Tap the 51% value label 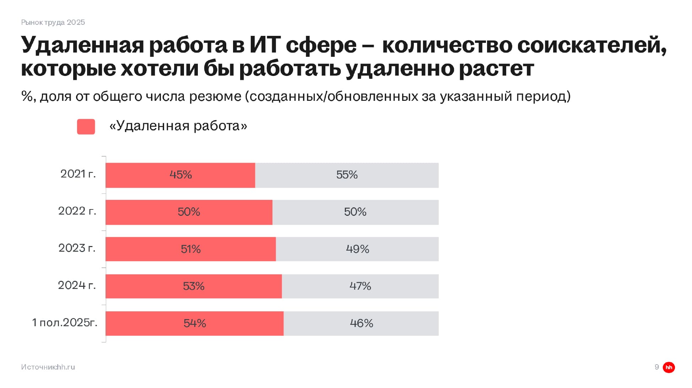pos(191,249)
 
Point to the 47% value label pos(360,286)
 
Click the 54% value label pos(195,323)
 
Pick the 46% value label pos(361,323)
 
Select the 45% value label pos(180,175)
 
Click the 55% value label pos(347,175)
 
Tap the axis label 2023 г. pos(77,248)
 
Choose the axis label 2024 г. pos(77,285)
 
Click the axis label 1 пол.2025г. pos(65,323)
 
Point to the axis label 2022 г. pos(77,211)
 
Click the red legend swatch pos(86,127)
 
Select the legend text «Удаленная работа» pos(178,126)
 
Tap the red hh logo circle pos(669,367)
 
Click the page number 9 pos(656,367)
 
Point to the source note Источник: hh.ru pos(48,367)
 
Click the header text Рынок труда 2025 pos(53,22)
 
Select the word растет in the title pos(496,69)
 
